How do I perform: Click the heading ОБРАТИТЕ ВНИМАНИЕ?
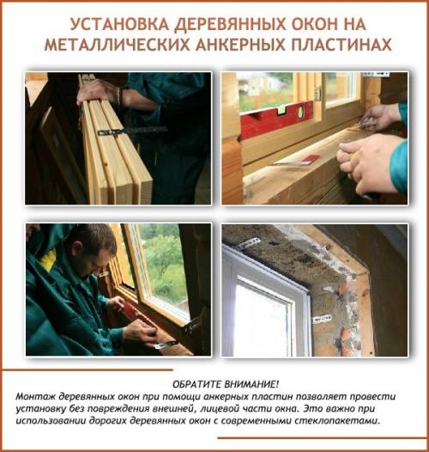click(214, 384)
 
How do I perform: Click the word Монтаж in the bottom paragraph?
click(34, 396)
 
